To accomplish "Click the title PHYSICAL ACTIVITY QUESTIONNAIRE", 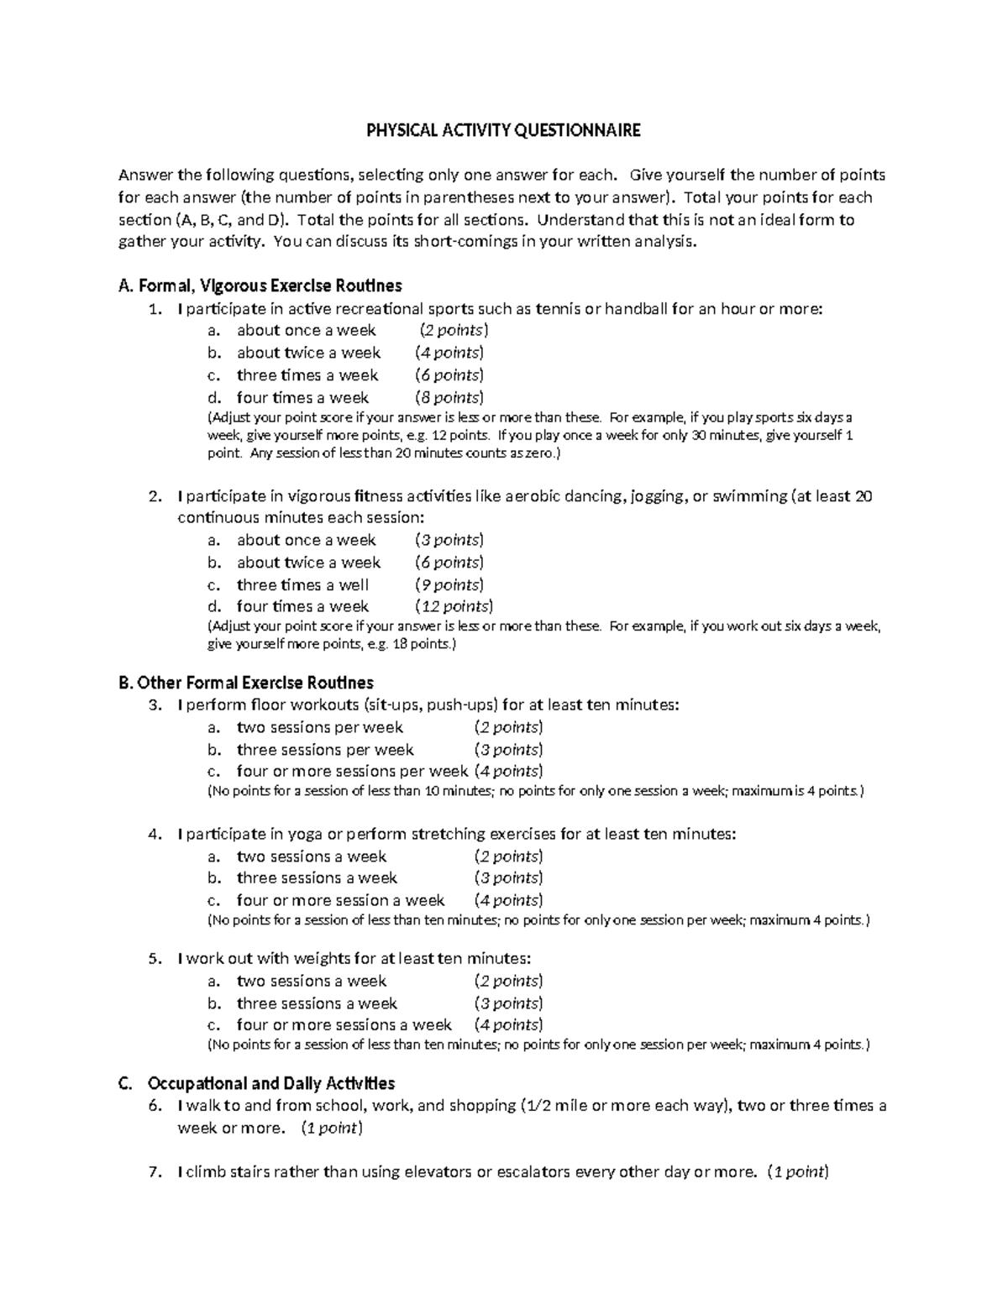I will pos(503,130).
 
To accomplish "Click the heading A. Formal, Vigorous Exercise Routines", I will pos(261,285).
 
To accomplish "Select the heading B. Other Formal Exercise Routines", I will pos(247,683).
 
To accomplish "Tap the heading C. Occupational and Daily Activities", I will pos(258,1083).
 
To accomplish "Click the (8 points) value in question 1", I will pos(449,397).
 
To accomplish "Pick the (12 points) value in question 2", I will pos(454,606).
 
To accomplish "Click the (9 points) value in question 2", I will pos(449,584).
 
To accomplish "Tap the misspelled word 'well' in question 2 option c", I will pos(354,584).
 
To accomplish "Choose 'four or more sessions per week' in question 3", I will pos(352,771).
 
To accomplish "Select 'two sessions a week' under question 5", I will pos(311,981).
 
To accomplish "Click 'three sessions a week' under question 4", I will pos(317,877).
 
